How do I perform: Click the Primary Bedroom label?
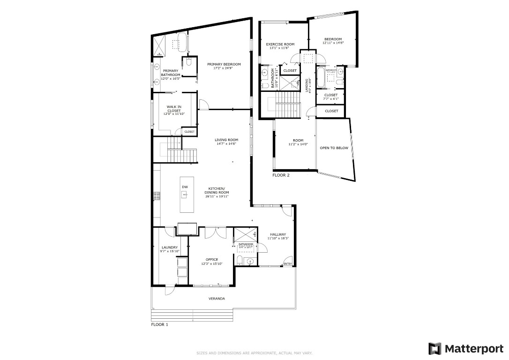tap(224, 64)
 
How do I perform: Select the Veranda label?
tap(217, 298)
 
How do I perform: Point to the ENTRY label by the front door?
tap(288, 264)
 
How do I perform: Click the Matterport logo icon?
tap(435, 348)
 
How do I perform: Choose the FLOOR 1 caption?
tap(159, 324)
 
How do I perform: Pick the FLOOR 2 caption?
tap(281, 175)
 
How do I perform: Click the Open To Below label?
tap(334, 148)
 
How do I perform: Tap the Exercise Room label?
tap(280, 44)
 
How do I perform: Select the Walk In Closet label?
tap(174, 108)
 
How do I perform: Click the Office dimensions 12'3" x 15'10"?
tap(211, 263)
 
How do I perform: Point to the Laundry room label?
tap(169, 247)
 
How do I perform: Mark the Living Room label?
tap(226, 140)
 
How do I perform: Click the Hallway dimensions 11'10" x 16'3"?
tap(278, 238)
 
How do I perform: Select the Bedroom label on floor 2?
tap(333, 39)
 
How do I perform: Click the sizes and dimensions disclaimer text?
tap(254, 353)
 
